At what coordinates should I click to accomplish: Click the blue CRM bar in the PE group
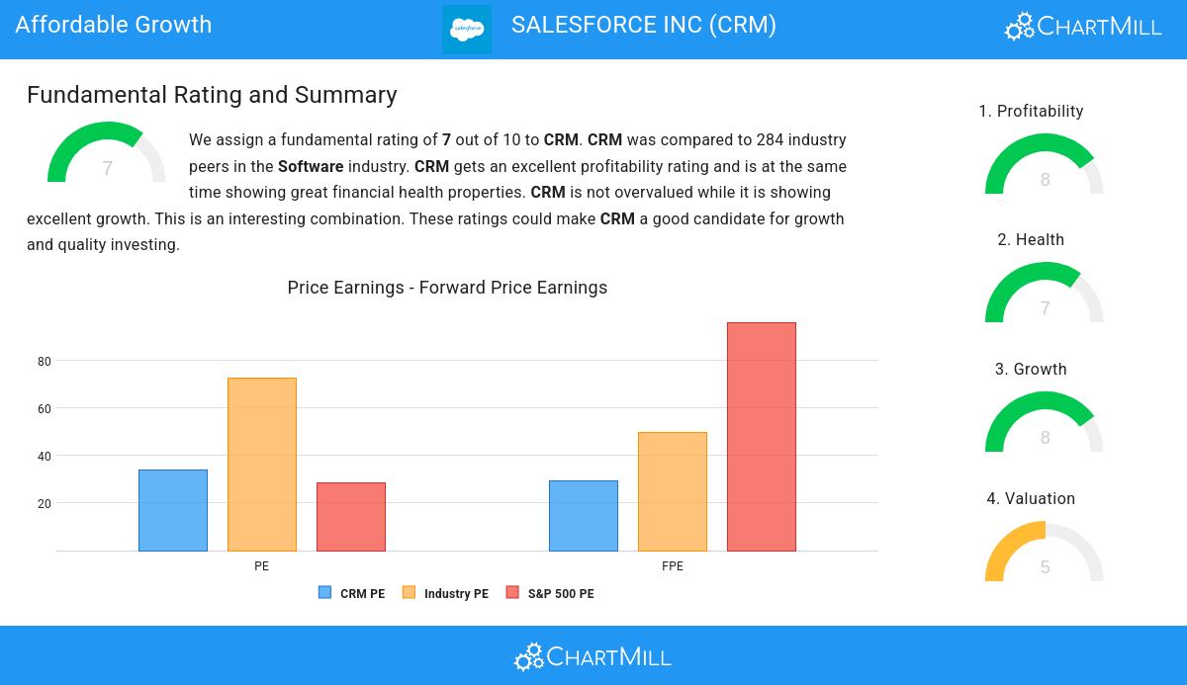pyautogui.click(x=173, y=510)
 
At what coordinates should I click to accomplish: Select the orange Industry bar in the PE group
pyautogui.click(x=262, y=465)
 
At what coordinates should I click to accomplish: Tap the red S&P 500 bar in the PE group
pyautogui.click(x=351, y=517)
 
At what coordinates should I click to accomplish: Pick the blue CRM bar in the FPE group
pyautogui.click(x=584, y=516)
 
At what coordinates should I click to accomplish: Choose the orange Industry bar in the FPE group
pyautogui.click(x=673, y=491)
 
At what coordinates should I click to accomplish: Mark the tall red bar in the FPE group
pyautogui.click(x=762, y=437)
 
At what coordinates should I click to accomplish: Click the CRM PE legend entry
pyautogui.click(x=352, y=593)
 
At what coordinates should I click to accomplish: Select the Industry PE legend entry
pyautogui.click(x=445, y=593)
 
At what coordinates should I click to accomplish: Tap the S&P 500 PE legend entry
pyautogui.click(x=550, y=593)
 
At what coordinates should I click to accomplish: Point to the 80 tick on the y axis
pyautogui.click(x=45, y=362)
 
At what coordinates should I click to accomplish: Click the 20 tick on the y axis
pyautogui.click(x=45, y=504)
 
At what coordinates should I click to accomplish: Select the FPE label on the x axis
pyautogui.click(x=673, y=566)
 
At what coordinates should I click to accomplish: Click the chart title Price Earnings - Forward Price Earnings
pyautogui.click(x=447, y=288)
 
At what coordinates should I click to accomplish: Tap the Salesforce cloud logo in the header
pyautogui.click(x=467, y=30)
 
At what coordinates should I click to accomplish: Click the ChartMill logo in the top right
pyautogui.click(x=1083, y=26)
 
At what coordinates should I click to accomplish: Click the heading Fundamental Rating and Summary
pyautogui.click(x=212, y=95)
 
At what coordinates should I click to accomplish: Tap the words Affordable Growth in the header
pyautogui.click(x=114, y=25)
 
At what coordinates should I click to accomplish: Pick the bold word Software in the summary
pyautogui.click(x=311, y=167)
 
